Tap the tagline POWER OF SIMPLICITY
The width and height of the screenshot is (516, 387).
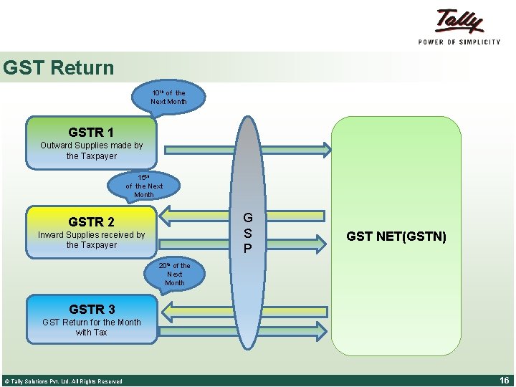pyautogui.click(x=459, y=42)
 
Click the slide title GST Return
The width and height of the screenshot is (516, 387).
pyautogui.click(x=58, y=68)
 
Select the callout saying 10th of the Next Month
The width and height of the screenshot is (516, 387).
pyautogui.click(x=168, y=97)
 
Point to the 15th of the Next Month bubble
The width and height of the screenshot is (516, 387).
pyautogui.click(x=143, y=186)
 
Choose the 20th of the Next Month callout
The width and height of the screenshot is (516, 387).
pyautogui.click(x=175, y=274)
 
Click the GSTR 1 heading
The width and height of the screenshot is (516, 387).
pyautogui.click(x=91, y=133)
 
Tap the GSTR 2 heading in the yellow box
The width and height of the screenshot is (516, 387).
pyautogui.click(x=91, y=221)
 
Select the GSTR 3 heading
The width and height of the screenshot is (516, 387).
pyautogui.click(x=92, y=310)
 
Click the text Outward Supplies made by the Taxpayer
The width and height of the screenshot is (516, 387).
pyautogui.click(x=91, y=150)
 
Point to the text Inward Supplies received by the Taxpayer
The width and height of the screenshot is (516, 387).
pyautogui.click(x=91, y=239)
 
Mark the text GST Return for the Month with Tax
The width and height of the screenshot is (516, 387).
pyautogui.click(x=92, y=328)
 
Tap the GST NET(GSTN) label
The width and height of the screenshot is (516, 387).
pyautogui.click(x=396, y=236)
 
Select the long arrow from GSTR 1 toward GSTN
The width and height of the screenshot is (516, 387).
pyautogui.click(x=247, y=150)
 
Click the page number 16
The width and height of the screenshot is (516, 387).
pyautogui.click(x=505, y=380)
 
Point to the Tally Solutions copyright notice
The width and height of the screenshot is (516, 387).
pyautogui.click(x=63, y=381)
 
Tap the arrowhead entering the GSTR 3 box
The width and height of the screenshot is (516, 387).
pyautogui.click(x=164, y=310)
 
